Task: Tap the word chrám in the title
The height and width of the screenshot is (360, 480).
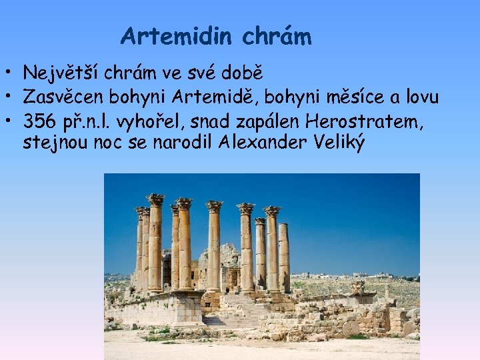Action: click(x=277, y=36)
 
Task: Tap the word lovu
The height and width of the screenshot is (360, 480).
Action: click(x=422, y=97)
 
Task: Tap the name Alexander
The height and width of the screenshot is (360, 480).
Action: click(x=261, y=143)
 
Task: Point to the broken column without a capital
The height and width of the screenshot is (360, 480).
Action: click(x=283, y=257)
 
